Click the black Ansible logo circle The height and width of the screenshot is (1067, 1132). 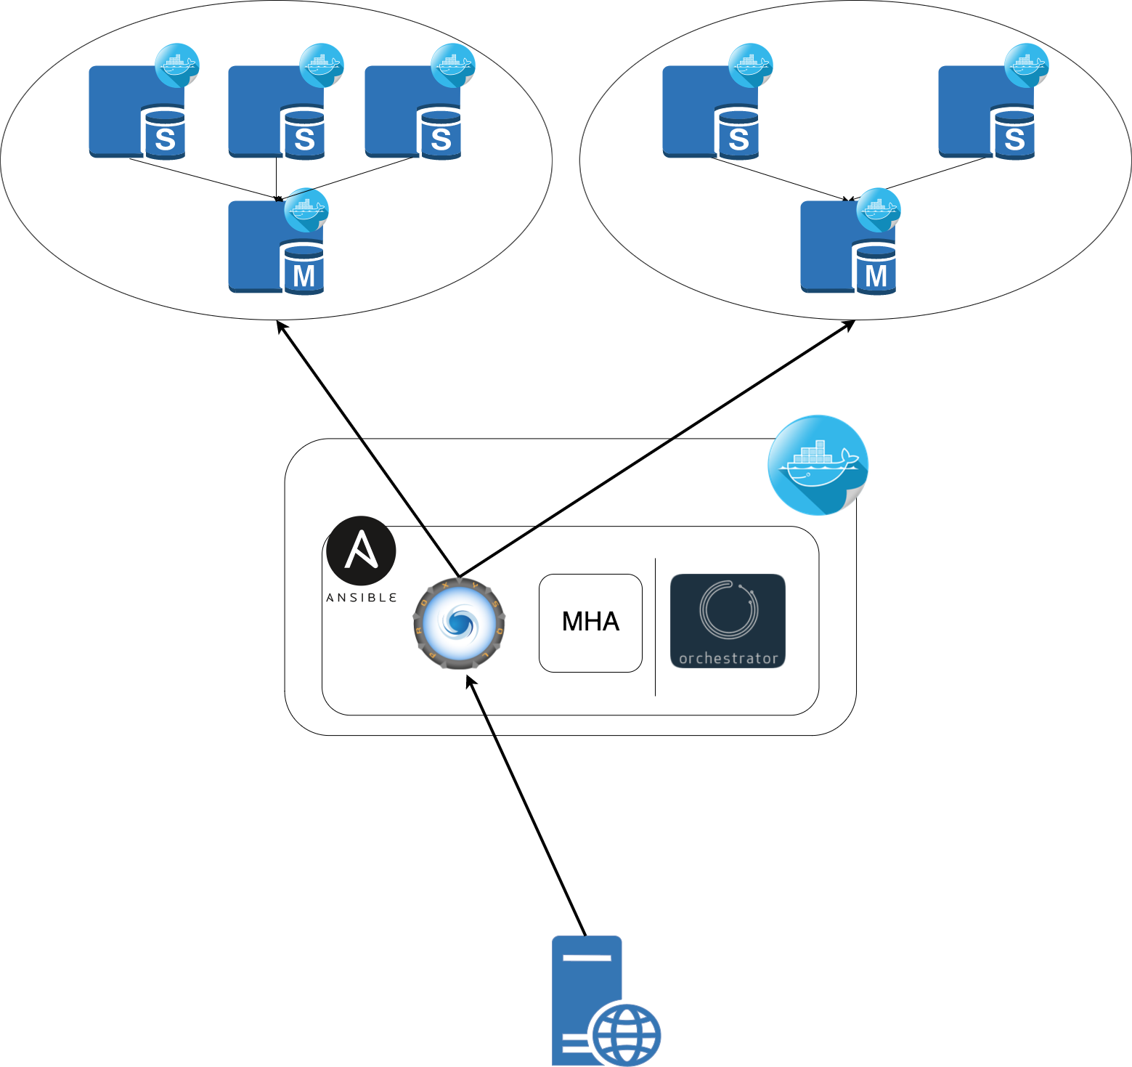click(x=361, y=551)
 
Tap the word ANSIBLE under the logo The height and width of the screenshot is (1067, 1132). click(x=361, y=598)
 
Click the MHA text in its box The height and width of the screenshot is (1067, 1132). click(x=590, y=622)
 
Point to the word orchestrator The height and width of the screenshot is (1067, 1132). click(x=728, y=659)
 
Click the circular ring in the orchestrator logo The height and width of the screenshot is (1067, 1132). click(x=728, y=610)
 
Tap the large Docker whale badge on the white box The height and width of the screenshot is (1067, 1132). click(x=818, y=464)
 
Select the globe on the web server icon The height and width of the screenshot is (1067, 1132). click(x=626, y=1035)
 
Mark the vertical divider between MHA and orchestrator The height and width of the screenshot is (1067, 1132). click(x=656, y=627)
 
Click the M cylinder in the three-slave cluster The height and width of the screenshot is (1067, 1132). click(x=304, y=269)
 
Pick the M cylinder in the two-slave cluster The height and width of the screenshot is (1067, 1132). click(x=876, y=269)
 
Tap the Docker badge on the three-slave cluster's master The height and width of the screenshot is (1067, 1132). click(x=306, y=210)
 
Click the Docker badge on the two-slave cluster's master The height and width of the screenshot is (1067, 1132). click(x=879, y=210)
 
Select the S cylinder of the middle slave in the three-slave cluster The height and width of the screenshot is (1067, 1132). click(x=304, y=134)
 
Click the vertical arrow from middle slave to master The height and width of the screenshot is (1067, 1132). click(x=276, y=178)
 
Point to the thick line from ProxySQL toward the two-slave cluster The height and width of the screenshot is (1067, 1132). click(x=566, y=508)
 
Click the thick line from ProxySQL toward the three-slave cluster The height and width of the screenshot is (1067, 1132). click(x=410, y=508)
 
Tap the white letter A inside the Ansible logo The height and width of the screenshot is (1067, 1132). click(x=361, y=550)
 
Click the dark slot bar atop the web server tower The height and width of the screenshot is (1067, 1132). click(x=587, y=958)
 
